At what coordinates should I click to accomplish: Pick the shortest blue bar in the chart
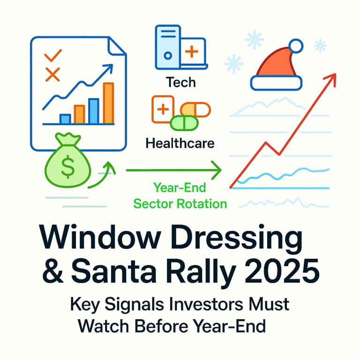[65, 119]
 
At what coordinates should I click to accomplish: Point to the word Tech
[181, 83]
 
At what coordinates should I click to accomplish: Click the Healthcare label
[180, 143]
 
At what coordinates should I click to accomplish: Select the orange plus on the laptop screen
[192, 52]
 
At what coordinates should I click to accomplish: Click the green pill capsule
[184, 123]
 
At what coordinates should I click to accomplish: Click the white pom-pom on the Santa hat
[296, 46]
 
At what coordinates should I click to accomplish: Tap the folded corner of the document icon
[117, 45]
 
